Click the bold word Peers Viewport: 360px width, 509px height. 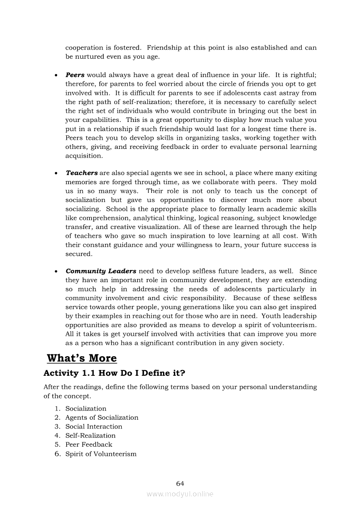[75, 75]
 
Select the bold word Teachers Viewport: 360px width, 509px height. [82, 173]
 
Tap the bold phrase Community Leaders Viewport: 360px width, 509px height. [101, 271]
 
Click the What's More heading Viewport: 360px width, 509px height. [82, 358]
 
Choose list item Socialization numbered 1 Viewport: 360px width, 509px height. [86, 408]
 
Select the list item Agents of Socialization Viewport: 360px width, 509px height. [102, 418]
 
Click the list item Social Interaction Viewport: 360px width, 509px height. [94, 426]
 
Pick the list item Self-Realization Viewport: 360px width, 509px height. [91, 435]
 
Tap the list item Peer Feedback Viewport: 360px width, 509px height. [89, 445]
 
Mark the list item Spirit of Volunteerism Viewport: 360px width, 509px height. [101, 454]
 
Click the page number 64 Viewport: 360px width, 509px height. [180, 483]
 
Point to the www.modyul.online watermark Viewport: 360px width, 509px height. [180, 494]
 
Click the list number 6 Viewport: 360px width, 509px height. [57, 454]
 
